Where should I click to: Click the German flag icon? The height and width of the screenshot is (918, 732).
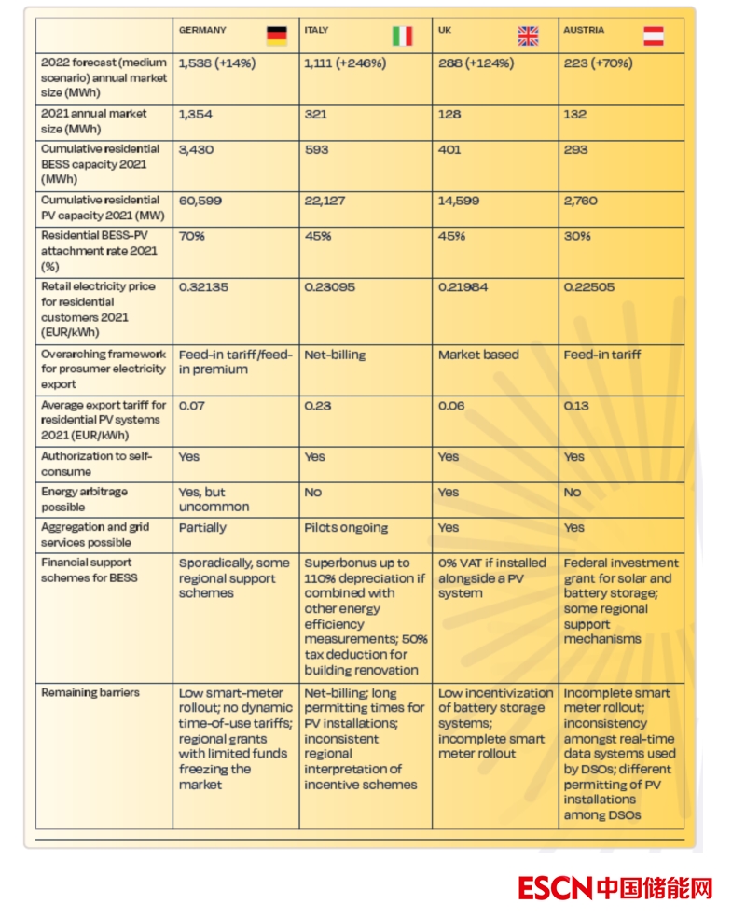[x=276, y=35]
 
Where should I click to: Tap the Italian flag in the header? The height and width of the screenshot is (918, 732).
[x=402, y=35]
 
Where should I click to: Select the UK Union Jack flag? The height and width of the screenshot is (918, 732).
[x=528, y=35]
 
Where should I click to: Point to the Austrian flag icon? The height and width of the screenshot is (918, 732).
[x=654, y=35]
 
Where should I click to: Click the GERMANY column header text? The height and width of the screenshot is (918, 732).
[x=202, y=30]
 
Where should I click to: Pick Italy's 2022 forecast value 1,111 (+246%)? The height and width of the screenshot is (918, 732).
[x=345, y=63]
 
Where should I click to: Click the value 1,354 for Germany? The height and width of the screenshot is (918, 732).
[x=197, y=114]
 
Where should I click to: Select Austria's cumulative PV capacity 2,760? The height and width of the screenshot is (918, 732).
[x=580, y=201]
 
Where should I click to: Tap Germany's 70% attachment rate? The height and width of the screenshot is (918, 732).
[x=191, y=236]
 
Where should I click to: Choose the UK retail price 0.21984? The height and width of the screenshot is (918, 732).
[x=463, y=287]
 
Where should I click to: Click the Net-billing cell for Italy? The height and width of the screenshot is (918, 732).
[x=335, y=355]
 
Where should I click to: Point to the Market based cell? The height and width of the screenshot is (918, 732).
[x=478, y=355]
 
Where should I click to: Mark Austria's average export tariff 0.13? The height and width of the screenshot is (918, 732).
[x=576, y=406]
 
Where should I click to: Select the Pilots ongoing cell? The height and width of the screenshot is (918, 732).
[x=346, y=527]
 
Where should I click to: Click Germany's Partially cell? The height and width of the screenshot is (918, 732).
[x=202, y=527]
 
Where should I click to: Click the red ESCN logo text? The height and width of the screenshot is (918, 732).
[x=555, y=887]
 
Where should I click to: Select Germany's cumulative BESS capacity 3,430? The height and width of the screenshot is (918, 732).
[x=197, y=149]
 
